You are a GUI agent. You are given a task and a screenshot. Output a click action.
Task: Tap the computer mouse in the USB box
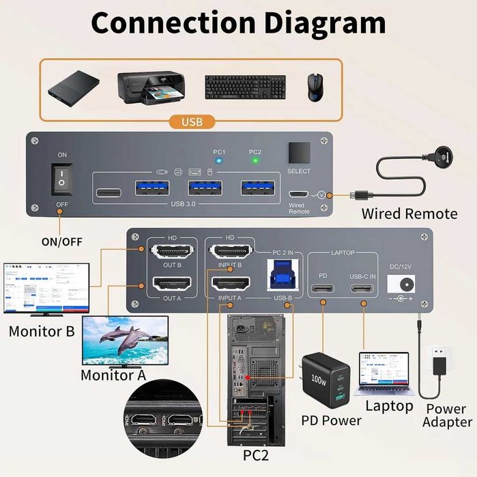pos(314,88)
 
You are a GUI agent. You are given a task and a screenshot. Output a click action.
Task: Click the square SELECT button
pos(299,151)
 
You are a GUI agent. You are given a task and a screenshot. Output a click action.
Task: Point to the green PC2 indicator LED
pos(255,162)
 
